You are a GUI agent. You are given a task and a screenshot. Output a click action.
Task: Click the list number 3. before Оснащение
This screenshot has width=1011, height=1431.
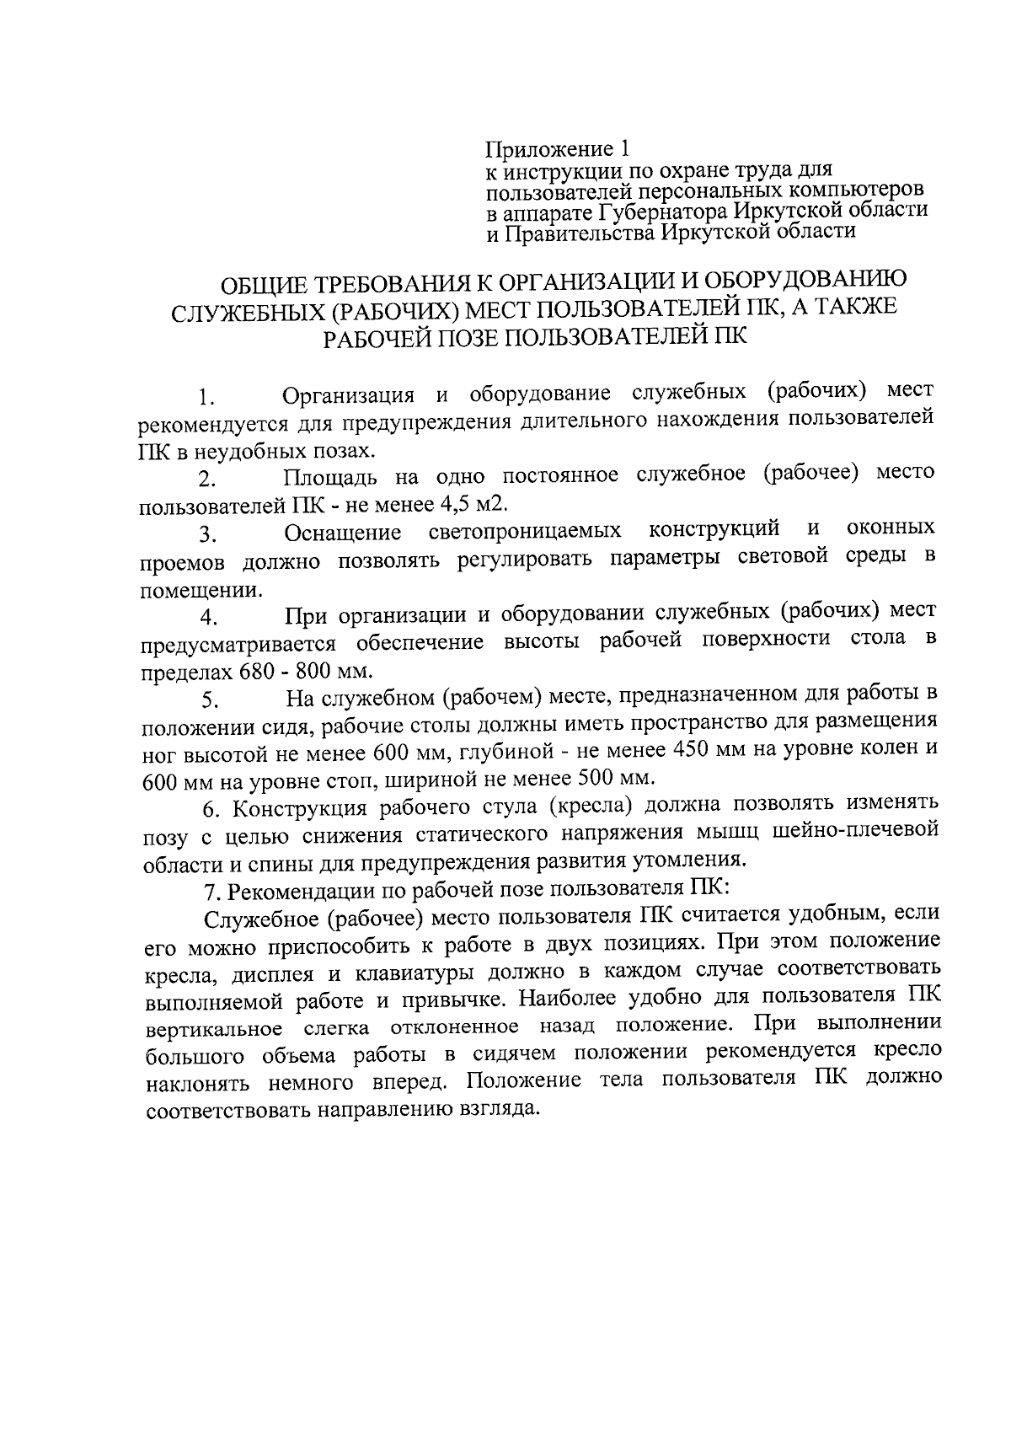click(208, 536)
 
